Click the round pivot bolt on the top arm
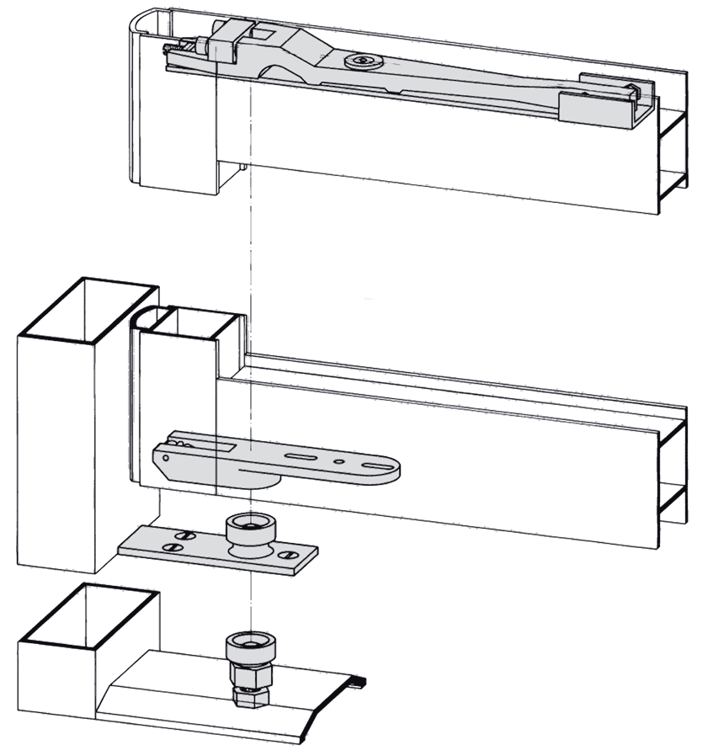coord(363,61)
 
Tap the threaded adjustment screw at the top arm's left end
coord(172,51)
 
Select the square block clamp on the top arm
coord(227,40)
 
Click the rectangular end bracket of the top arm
coord(596,99)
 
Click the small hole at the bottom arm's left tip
coord(166,458)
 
